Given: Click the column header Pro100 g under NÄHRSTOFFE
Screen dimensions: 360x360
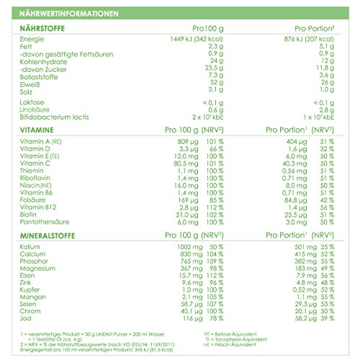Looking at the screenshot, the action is click(199, 27).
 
